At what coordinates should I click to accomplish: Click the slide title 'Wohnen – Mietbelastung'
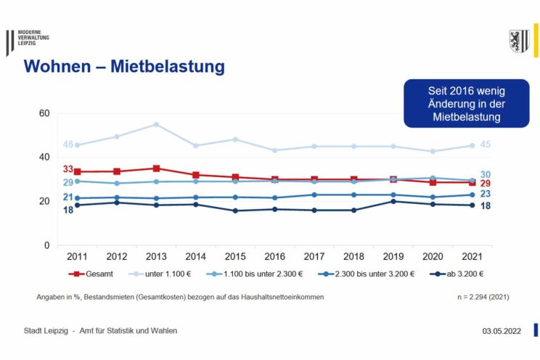click(124, 67)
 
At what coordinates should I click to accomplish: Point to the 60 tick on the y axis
click(44, 113)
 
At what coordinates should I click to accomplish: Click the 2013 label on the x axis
click(156, 256)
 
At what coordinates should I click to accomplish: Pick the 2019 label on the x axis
click(393, 256)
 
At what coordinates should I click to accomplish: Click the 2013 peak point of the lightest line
click(156, 124)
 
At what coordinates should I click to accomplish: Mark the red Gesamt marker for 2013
click(156, 168)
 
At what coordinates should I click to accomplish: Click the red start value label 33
click(68, 169)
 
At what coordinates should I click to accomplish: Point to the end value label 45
click(485, 144)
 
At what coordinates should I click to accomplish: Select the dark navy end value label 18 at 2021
click(485, 206)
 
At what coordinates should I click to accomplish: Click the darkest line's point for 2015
click(235, 211)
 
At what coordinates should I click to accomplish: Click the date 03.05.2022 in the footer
click(502, 331)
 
